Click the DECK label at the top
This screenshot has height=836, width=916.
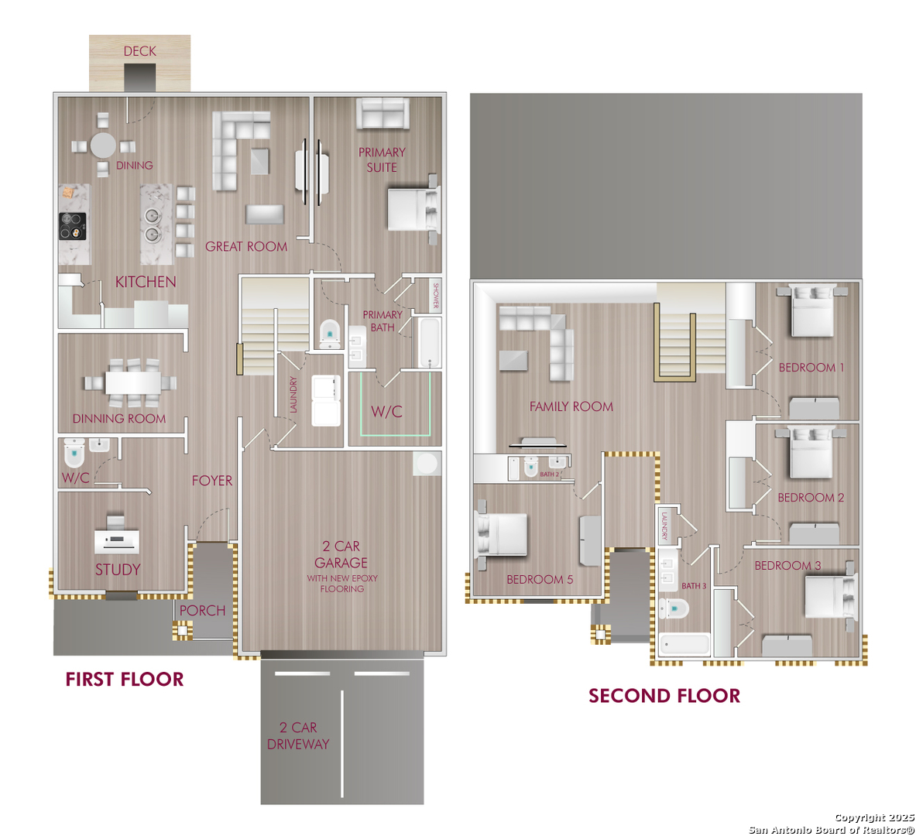point(139,51)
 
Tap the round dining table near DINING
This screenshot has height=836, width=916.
point(103,146)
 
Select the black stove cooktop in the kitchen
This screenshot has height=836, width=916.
point(73,226)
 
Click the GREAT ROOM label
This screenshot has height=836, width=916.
point(246,246)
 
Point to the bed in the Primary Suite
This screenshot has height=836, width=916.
point(413,208)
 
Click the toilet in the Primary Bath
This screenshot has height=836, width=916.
point(330,334)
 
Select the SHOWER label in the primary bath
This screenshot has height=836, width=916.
point(435,296)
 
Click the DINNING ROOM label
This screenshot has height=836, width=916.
point(119,418)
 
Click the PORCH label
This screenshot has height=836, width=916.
point(202,611)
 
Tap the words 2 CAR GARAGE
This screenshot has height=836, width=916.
point(341,554)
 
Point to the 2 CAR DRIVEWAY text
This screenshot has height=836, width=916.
point(298,735)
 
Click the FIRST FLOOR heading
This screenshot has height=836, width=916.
point(125,680)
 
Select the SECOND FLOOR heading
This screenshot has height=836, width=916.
point(664,696)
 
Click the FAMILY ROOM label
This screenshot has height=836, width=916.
point(571,406)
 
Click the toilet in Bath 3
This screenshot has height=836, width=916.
point(674,608)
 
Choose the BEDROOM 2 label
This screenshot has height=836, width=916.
point(811,498)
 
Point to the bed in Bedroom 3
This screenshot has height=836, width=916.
point(830,597)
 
